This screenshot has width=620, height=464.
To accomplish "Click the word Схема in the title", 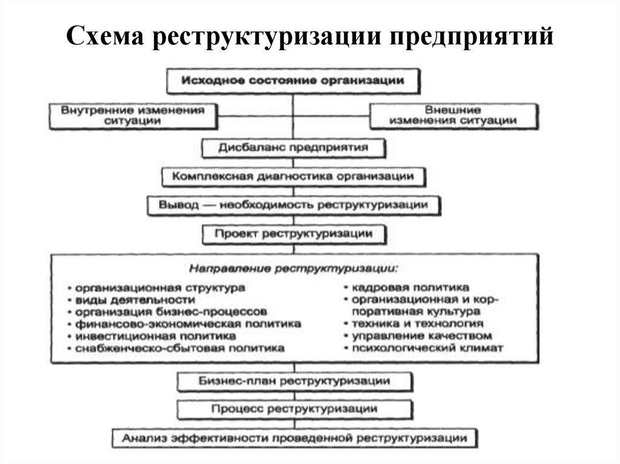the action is point(105,36).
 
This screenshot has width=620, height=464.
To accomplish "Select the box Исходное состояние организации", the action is point(293,81).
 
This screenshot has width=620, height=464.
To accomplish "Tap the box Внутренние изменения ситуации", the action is point(133,116).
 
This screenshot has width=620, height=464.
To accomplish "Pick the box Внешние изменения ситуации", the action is point(454,116).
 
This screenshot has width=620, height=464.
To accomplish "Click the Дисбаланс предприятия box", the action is point(294,148).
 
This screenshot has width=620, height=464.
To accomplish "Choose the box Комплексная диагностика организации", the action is point(294,176).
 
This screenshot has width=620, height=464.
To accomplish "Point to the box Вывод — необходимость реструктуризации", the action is point(294,206).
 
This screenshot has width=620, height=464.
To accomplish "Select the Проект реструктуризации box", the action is point(294,234).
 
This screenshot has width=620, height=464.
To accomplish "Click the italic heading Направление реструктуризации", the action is point(294,269).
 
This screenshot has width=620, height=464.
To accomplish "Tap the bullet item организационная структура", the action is point(157,288).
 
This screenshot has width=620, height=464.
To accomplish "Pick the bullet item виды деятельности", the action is point(131,300).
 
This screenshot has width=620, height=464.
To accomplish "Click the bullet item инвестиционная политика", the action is point(152,336).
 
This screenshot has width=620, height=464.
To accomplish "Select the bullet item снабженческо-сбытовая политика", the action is point(176,348).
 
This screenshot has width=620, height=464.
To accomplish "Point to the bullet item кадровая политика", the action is point(407,287).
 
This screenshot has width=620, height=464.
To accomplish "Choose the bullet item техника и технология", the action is point(414,324).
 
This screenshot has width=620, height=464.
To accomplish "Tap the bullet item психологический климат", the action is point(423,348).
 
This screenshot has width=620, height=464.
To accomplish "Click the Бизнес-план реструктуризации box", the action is point(295,381).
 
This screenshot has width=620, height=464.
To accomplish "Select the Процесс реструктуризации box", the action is point(295,410).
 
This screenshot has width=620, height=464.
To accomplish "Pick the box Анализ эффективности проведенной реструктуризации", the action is point(295,439).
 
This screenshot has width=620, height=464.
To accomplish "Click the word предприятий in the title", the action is point(471,37).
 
